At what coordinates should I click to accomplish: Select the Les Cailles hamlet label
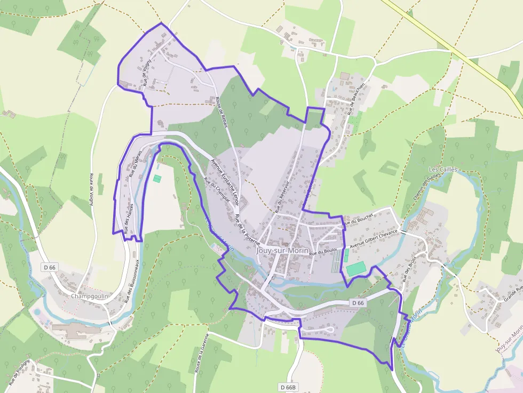pyautogui.click(x=443, y=170)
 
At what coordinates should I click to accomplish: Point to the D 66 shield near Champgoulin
pyautogui.click(x=50, y=267)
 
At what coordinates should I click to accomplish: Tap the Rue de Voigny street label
pyautogui.click(x=147, y=73)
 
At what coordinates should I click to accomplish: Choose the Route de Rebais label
pyautogui.click(x=222, y=111)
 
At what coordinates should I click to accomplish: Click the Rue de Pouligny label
pyautogui.click(x=20, y=372)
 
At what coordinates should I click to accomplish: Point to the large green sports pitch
pyautogui.click(x=355, y=269)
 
